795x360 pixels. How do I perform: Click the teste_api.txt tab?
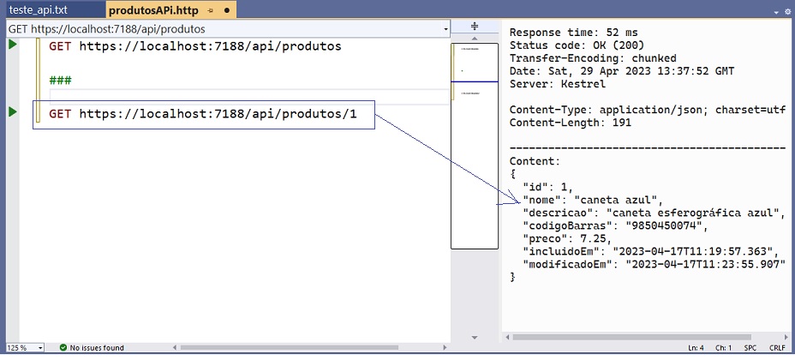tap(39, 9)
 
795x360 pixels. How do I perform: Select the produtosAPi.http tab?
tap(153, 9)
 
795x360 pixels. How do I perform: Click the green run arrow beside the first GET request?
tap(13, 45)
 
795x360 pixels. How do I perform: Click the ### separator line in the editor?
tap(60, 80)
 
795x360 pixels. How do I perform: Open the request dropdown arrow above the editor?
tap(445, 29)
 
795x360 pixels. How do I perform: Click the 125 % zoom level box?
tap(25, 348)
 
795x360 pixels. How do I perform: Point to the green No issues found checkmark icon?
tap(63, 348)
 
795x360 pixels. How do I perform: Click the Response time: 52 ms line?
tap(573, 33)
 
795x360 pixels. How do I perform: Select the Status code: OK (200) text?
tap(577, 45)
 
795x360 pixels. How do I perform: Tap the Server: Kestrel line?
tap(557, 84)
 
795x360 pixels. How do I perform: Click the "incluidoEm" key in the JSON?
tap(565, 251)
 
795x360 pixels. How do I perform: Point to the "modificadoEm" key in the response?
tap(571, 264)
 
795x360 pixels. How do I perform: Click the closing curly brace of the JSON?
tap(512, 277)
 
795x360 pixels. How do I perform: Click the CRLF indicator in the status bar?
tap(777, 348)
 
